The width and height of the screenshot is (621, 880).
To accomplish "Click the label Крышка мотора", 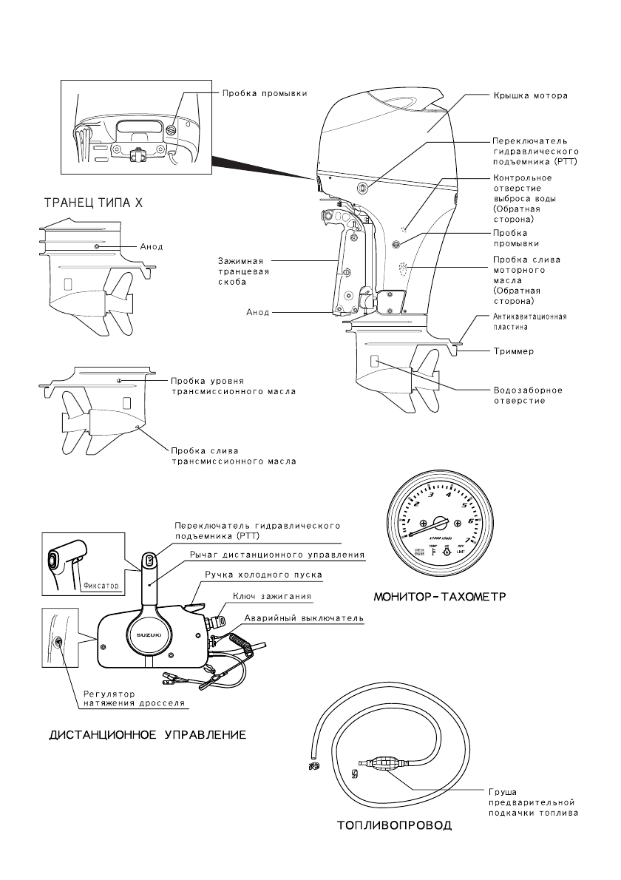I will click(x=530, y=96).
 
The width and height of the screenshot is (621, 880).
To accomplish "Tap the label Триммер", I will click(x=514, y=352).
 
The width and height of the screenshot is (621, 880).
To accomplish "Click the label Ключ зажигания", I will click(x=272, y=595).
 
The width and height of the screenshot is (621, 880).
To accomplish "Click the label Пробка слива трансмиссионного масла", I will click(x=233, y=455).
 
